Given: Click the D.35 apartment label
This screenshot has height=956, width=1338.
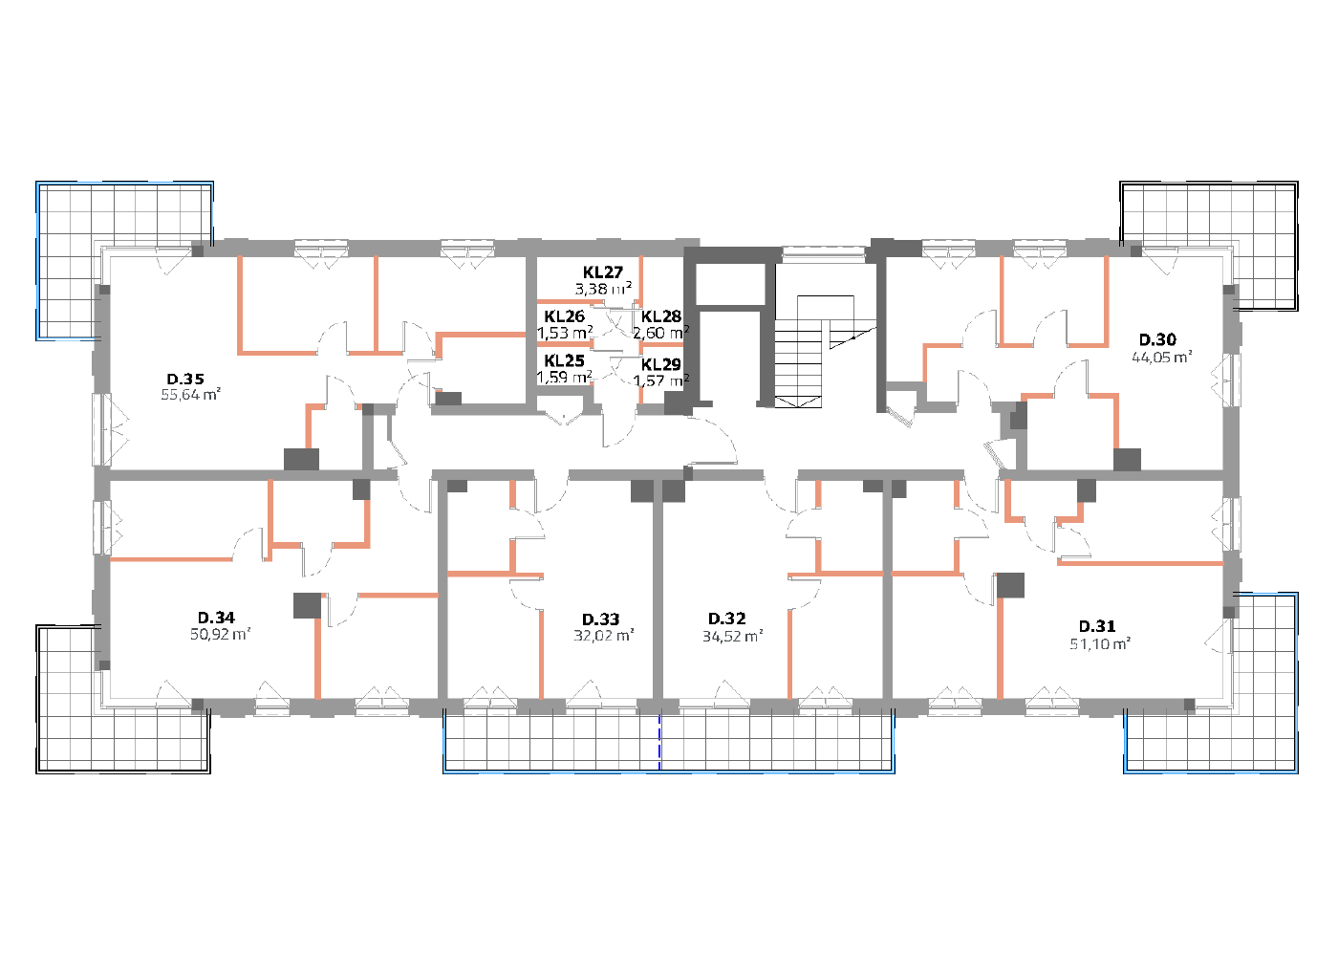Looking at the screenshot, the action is tap(185, 379).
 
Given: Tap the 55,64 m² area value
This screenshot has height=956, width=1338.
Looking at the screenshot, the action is tap(190, 394).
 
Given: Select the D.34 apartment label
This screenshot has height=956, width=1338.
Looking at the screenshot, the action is tap(216, 618).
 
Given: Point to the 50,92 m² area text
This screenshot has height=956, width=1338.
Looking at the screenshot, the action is tap(221, 633).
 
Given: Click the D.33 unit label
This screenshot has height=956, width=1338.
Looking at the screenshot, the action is tap(601, 619).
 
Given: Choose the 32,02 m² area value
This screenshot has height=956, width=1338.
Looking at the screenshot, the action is tap(604, 635).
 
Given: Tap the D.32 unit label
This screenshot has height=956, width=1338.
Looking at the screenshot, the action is tap(727, 619).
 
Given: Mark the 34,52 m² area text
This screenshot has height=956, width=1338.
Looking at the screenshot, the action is tap(733, 636).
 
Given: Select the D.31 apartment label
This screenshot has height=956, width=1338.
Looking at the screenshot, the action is tap(1097, 626).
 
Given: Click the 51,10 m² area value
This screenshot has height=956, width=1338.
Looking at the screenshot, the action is tap(1100, 643).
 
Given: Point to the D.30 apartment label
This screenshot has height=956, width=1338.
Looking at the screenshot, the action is tap(1157, 339).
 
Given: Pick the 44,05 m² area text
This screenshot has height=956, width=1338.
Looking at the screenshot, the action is tap(1162, 357).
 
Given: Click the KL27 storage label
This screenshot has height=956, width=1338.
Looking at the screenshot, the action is tap(603, 272).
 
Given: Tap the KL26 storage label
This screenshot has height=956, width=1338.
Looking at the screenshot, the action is tap(565, 316).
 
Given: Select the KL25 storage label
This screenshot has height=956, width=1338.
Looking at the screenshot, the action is tap(565, 361).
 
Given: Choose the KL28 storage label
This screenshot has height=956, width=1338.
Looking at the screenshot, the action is tap(661, 316).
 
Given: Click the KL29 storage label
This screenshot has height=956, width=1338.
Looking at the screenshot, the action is tap(661, 364).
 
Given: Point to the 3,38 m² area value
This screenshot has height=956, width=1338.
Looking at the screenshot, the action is tap(603, 289).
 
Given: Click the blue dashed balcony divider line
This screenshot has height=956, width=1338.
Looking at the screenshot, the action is tap(659, 742).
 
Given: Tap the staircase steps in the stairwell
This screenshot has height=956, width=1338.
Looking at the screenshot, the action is tap(799, 364).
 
